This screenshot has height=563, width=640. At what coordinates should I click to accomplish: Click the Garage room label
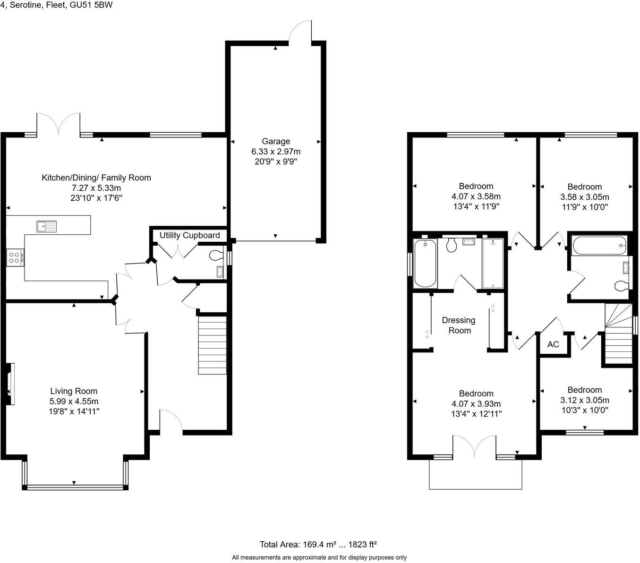pyautogui.click(x=276, y=141)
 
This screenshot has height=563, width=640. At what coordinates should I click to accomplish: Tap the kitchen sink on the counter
pyautogui.click(x=46, y=227)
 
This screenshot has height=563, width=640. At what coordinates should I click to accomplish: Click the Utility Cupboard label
pyautogui.click(x=189, y=235)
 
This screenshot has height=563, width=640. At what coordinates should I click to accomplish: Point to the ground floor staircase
pyautogui.click(x=212, y=345)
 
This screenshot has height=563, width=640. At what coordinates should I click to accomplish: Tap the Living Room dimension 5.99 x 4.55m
pyautogui.click(x=74, y=401)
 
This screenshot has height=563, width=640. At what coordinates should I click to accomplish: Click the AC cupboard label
pyautogui.click(x=553, y=344)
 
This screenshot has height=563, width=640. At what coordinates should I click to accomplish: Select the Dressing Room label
pyautogui.click(x=459, y=325)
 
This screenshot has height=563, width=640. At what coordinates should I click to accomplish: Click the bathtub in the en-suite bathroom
pyautogui.click(x=425, y=263)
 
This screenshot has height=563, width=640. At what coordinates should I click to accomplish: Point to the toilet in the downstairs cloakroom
pyautogui.click(x=215, y=256)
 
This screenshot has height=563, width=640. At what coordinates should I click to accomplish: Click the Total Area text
pyautogui.click(x=318, y=544)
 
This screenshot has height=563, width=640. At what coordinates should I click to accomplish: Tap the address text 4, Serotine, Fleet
pyautogui.click(x=56, y=5)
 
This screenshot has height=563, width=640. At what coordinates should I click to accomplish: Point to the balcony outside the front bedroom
pyautogui.click(x=476, y=474)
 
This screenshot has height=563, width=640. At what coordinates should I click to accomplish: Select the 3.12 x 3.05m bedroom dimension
pyautogui.click(x=584, y=400)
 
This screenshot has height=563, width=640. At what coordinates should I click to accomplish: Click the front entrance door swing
pyautogui.click(x=171, y=420)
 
